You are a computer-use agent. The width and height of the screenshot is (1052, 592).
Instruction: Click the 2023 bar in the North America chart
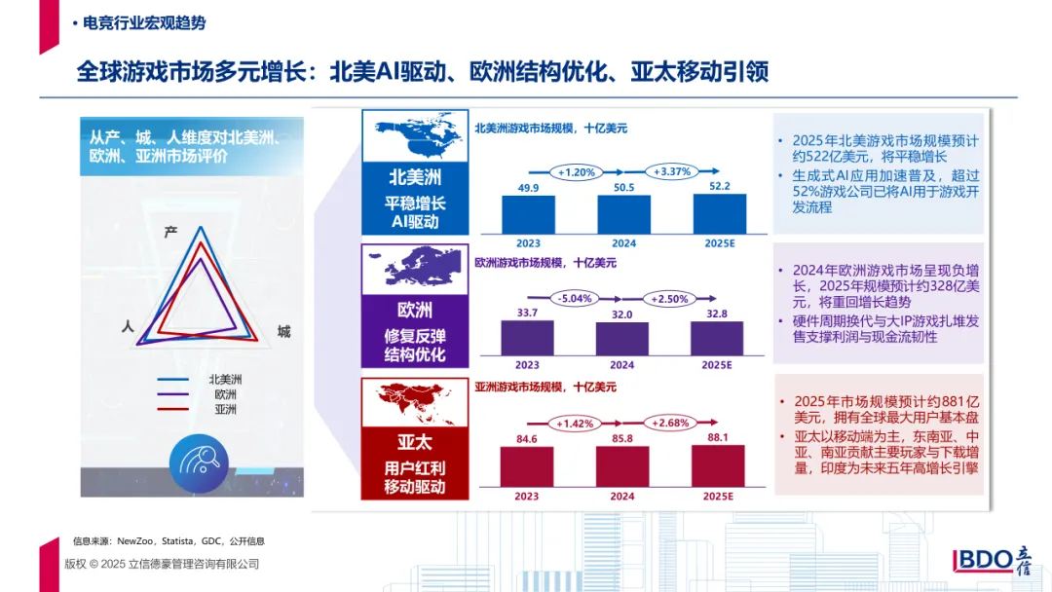point(528,214)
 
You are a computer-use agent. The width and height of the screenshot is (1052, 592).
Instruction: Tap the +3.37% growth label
point(671,172)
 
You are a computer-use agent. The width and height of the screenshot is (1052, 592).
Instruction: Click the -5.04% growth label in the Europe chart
point(575,298)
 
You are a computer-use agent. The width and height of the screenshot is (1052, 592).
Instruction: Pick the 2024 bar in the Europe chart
point(622,338)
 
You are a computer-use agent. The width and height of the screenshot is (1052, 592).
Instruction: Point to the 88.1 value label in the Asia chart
point(719,437)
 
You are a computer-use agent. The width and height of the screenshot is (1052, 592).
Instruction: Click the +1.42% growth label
point(576,424)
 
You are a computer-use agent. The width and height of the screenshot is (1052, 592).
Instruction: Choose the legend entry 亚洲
point(225,410)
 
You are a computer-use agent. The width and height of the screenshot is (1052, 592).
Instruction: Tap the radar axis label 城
point(283,332)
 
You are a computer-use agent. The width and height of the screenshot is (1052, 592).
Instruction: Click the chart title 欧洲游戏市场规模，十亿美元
point(545,263)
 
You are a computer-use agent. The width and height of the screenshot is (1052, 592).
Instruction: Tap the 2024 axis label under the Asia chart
point(622,496)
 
